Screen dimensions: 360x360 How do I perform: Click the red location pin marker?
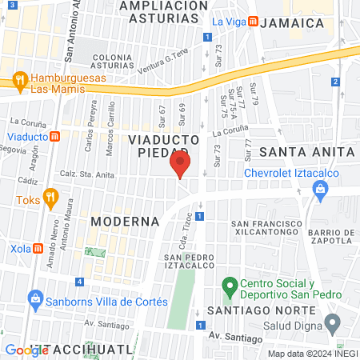pyautogui.click(x=180, y=166)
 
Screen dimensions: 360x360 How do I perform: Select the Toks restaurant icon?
pyautogui.click(x=50, y=196)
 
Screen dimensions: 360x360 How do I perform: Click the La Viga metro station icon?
pyautogui.click(x=253, y=22)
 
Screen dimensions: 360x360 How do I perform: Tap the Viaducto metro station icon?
pyautogui.click(x=54, y=136)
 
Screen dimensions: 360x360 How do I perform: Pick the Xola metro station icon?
pyautogui.click(x=38, y=248)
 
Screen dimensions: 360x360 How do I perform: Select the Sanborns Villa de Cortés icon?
pyautogui.click(x=34, y=302)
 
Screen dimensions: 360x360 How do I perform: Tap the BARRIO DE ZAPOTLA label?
pyautogui.click(x=330, y=234)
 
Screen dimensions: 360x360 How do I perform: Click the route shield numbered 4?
pyautogui.click(x=79, y=282)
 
